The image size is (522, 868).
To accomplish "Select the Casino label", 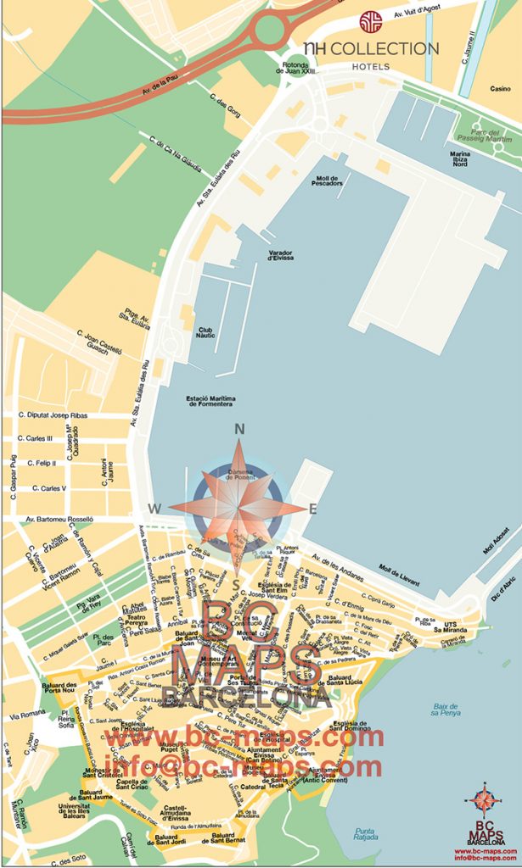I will pyautogui.click(x=500, y=88).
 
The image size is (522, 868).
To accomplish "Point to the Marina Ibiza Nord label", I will pyautogui.click(x=459, y=159).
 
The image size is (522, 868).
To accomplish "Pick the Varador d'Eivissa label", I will pyautogui.click(x=280, y=255).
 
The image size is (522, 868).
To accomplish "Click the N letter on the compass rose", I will pyautogui.click(x=239, y=429).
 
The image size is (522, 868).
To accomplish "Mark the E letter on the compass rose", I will pyautogui.click(x=312, y=509).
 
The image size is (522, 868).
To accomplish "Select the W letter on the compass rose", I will pyautogui.click(x=155, y=509).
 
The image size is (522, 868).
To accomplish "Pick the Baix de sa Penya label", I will pyautogui.click(x=446, y=709).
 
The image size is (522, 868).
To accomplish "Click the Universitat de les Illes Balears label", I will pyautogui.click(x=74, y=811).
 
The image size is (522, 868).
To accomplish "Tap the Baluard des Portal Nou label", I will pyautogui.click(x=59, y=690).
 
